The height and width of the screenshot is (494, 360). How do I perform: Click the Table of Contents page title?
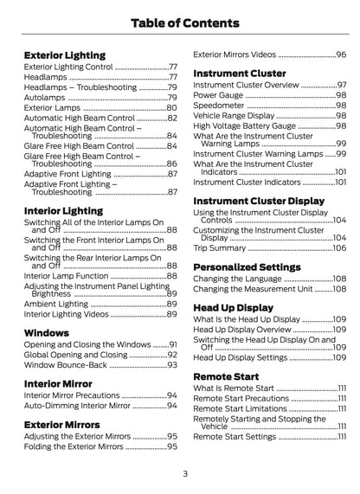(x=180, y=22)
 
